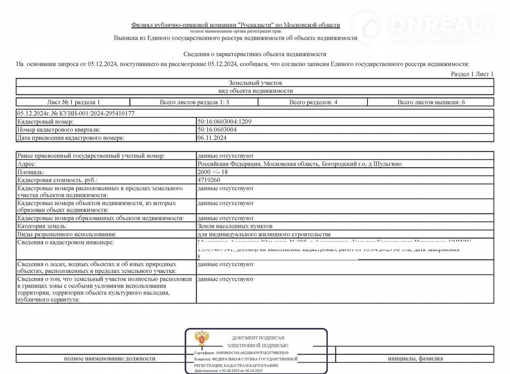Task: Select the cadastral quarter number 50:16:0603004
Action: click(x=217, y=130)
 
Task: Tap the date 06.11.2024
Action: click(x=211, y=138)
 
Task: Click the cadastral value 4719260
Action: click(x=209, y=180)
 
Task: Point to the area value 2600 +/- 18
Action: click(x=212, y=172)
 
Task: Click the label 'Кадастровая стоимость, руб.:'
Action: click(x=57, y=180)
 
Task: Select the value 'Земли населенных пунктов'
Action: click(x=235, y=226)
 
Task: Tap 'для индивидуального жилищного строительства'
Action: click(x=264, y=234)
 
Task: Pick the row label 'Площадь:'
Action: click(x=30, y=172)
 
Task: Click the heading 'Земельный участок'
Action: click(x=255, y=83)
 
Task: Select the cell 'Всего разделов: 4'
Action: click(x=313, y=102)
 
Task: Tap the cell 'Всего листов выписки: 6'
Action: click(x=431, y=102)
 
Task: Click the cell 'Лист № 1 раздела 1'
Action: click(x=74, y=102)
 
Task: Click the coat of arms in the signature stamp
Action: click(x=202, y=338)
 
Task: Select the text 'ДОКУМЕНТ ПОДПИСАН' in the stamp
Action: click(x=258, y=338)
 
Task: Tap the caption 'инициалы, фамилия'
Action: click(x=415, y=359)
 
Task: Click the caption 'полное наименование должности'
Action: click(x=110, y=359)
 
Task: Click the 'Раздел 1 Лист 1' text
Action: click(x=472, y=74)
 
